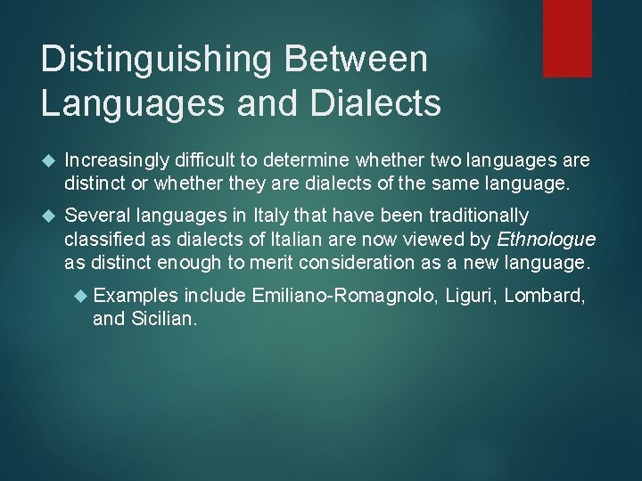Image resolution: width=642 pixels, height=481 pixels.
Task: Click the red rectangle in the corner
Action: click(x=567, y=37)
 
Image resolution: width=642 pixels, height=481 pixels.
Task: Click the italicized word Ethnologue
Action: click(x=546, y=239)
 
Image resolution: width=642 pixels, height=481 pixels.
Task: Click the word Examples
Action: click(x=135, y=295)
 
